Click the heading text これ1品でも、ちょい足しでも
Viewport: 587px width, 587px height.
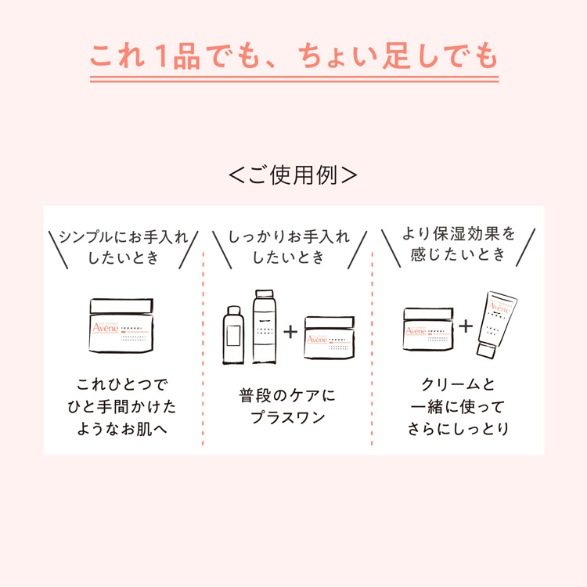293,56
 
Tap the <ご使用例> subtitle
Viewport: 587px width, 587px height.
293,175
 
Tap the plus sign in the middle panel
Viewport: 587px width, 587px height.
290,331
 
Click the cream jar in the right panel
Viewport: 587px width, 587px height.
429,328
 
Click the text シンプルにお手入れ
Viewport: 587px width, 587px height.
123,237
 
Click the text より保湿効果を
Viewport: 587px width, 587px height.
459,233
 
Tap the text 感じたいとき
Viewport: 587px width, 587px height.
459,254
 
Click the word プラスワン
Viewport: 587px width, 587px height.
287,418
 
